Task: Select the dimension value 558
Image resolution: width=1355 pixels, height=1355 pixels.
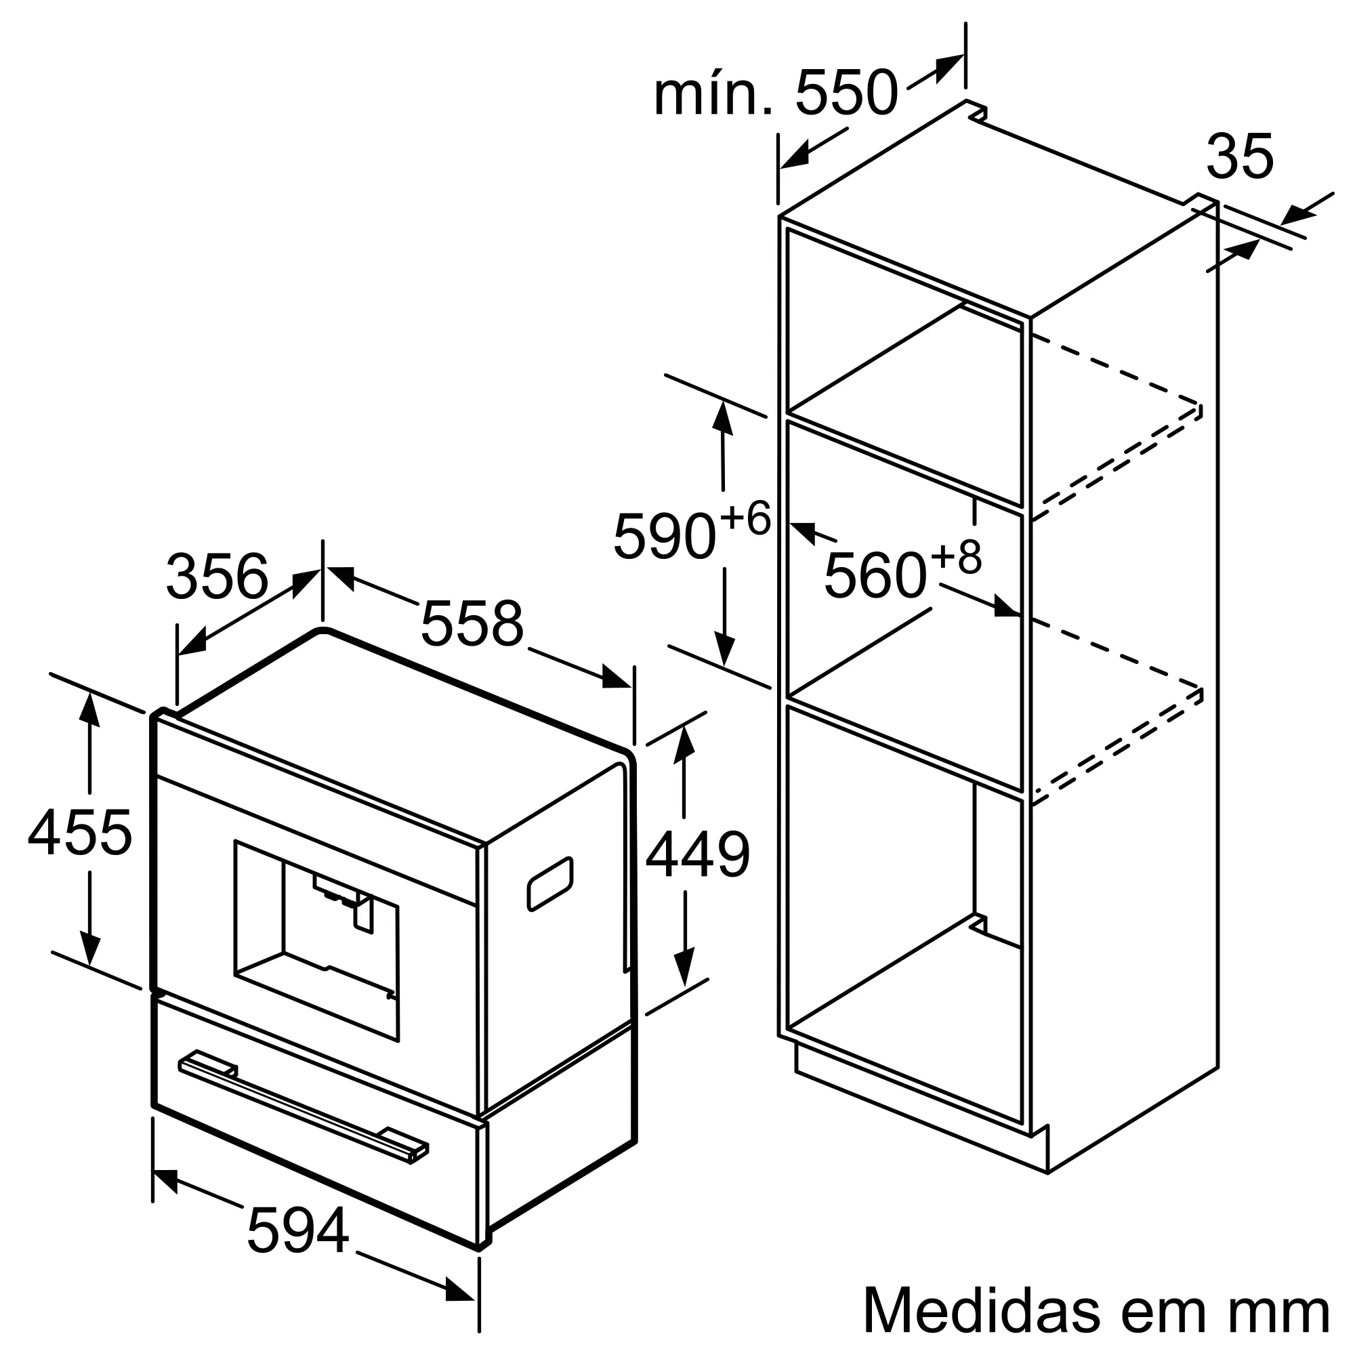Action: pyautogui.click(x=472, y=623)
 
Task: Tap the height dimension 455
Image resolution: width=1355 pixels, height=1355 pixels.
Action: pyautogui.click(x=80, y=833)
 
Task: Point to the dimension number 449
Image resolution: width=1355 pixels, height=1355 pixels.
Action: pyautogui.click(x=698, y=855)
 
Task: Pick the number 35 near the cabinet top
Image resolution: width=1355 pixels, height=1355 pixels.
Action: pyautogui.click(x=1239, y=157)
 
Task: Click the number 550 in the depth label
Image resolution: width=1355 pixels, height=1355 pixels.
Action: pyautogui.click(x=846, y=93)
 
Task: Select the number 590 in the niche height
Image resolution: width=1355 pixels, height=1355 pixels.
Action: pyautogui.click(x=664, y=537)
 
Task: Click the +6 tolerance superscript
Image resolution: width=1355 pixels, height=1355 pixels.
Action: pyautogui.click(x=745, y=518)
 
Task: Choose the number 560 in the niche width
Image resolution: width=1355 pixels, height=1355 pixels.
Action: pyautogui.click(x=875, y=576)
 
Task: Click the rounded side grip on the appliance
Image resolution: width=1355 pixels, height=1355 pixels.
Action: pyautogui.click(x=550, y=884)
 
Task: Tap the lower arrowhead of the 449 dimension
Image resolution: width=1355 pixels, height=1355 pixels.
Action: pyautogui.click(x=684, y=965)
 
